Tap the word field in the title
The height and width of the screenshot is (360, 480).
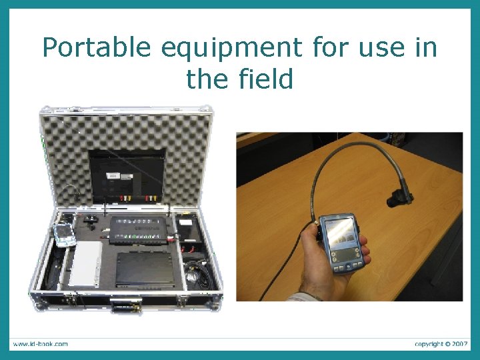267,79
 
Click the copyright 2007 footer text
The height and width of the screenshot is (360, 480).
441,344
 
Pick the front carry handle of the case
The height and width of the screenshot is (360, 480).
125,307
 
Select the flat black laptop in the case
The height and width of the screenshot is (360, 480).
145,269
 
